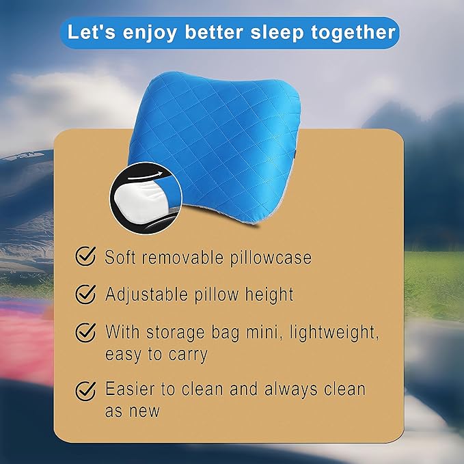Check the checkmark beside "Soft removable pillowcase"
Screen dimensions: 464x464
click(x=85, y=257)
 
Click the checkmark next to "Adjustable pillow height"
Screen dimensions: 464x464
click(x=85, y=295)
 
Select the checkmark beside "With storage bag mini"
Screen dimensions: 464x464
click(x=85, y=332)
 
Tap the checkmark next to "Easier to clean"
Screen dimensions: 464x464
click(x=85, y=390)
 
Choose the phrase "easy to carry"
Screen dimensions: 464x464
click(x=156, y=355)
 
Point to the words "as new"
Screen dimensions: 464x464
click(x=132, y=411)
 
